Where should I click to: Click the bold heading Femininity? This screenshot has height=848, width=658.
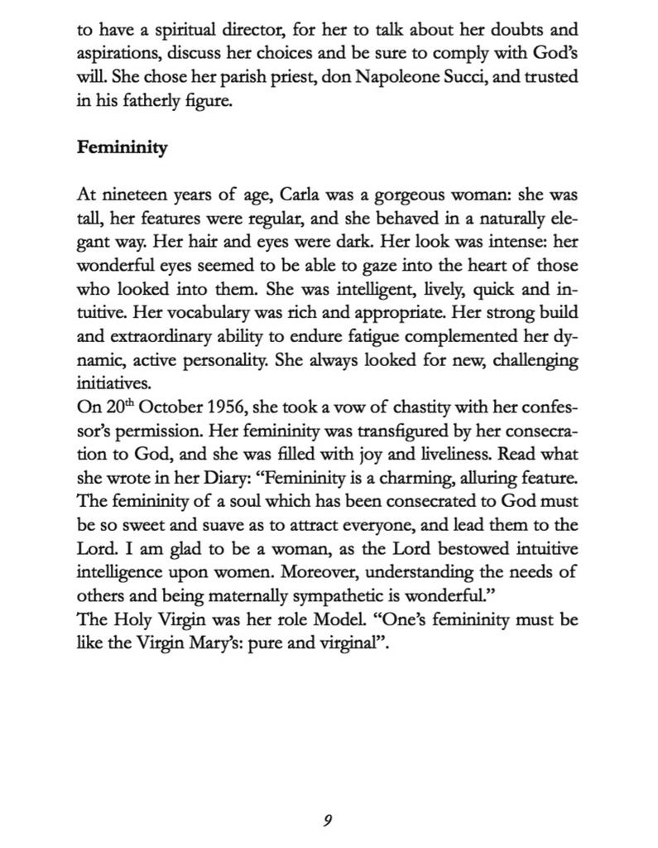(122, 148)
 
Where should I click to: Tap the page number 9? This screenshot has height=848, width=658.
(328, 820)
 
